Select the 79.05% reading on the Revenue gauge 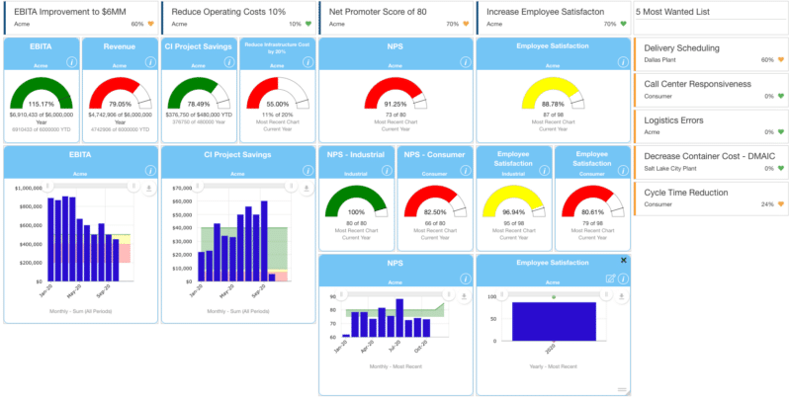pyautogui.click(x=119, y=105)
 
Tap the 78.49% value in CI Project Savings pyautogui.click(x=198, y=105)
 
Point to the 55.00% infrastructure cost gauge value pyautogui.click(x=277, y=105)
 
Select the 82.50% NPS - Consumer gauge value pyautogui.click(x=433, y=212)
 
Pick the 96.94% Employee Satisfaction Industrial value pyautogui.click(x=512, y=212)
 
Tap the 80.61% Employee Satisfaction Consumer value pyautogui.click(x=590, y=212)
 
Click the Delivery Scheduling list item pyautogui.click(x=681, y=47)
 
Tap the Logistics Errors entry pyautogui.click(x=675, y=119)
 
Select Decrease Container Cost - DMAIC pyautogui.click(x=710, y=156)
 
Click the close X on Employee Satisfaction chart pyautogui.click(x=623, y=260)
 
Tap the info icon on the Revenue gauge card pyautogui.click(x=149, y=61)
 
